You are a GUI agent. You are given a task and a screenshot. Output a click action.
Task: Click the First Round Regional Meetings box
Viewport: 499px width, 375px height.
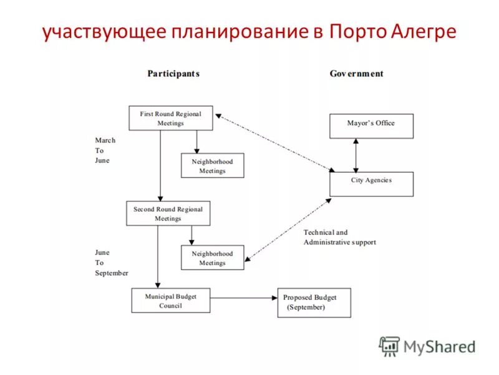pos(170,118)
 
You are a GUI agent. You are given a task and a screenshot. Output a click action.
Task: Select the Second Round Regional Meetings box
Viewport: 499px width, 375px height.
pos(168,213)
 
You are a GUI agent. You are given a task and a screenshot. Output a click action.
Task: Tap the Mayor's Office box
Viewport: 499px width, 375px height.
pos(371,126)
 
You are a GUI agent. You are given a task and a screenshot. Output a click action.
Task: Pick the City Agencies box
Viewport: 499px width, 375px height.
pos(371,184)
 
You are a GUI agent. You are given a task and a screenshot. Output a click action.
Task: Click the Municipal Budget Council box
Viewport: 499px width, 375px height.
pos(170,300)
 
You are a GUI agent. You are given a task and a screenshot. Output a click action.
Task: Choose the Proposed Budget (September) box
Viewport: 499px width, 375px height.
pos(314,302)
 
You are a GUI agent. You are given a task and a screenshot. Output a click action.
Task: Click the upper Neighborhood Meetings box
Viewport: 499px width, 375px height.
pos(212,166)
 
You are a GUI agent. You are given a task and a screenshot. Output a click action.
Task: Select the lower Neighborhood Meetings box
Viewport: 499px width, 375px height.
pos(212,257)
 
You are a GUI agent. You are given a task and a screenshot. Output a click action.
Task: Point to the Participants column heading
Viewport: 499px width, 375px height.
pos(173,74)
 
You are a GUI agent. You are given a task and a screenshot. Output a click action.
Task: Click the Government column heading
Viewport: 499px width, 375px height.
pos(356,74)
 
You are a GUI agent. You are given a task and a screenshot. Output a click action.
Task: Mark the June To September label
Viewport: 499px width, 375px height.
pos(111,262)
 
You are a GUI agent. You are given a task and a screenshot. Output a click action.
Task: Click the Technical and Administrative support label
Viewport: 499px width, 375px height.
pos(339,237)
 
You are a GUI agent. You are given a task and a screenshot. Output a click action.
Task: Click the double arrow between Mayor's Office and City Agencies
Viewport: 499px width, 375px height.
pos(356,155)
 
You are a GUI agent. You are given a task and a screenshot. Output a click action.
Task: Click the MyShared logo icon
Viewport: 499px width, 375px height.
pos(390,346)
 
